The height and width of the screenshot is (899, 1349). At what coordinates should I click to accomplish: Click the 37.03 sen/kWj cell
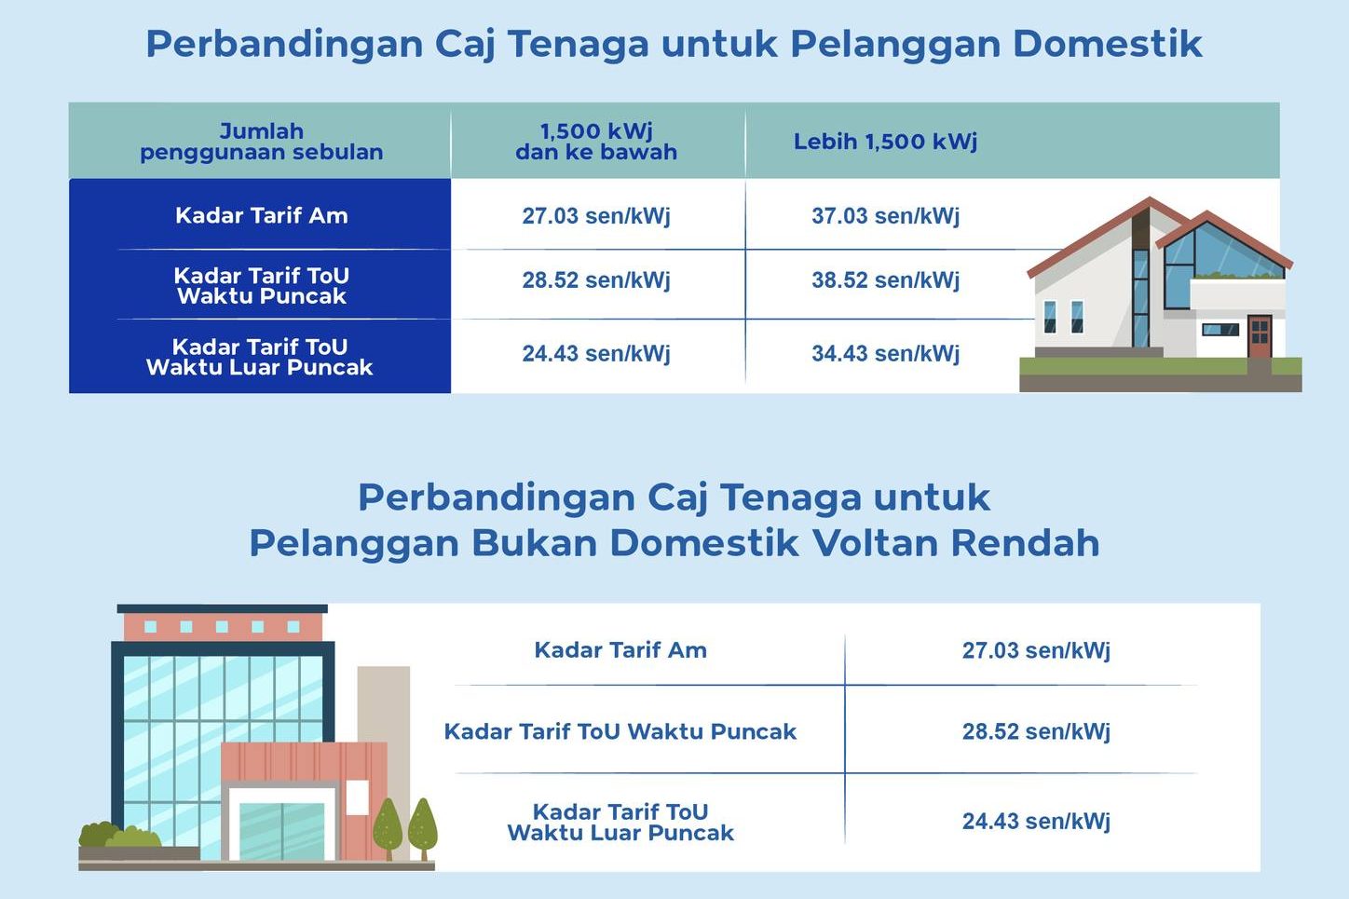point(885,215)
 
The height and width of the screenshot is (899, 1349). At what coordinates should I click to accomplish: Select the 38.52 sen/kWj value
point(885,280)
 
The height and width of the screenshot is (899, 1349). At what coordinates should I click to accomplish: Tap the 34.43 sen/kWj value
point(885,353)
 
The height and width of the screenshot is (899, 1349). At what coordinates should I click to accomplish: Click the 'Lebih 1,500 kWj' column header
point(885,142)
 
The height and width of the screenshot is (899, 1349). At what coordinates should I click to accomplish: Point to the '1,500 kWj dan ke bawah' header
point(596,142)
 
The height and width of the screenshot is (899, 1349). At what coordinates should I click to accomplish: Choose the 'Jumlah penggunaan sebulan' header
point(262,142)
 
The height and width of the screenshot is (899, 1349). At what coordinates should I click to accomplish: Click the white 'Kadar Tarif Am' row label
point(262,215)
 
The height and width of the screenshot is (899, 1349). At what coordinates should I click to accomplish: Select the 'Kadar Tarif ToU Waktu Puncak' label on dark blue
point(262,285)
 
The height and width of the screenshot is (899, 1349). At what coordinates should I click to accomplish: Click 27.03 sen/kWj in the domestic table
point(596,215)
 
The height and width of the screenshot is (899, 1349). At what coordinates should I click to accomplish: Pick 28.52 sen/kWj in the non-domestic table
point(1036,731)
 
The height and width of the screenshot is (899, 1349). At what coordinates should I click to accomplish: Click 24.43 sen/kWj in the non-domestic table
point(1036,822)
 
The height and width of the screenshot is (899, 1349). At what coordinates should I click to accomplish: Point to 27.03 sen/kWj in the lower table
point(1036,650)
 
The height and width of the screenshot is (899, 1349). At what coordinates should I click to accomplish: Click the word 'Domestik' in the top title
point(1107,44)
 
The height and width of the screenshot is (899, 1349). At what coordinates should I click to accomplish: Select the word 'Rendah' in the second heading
point(1025,543)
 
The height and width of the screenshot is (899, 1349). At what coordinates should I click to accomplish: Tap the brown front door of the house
point(1260,336)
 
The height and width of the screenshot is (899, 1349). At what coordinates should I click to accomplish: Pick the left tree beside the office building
point(388,828)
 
